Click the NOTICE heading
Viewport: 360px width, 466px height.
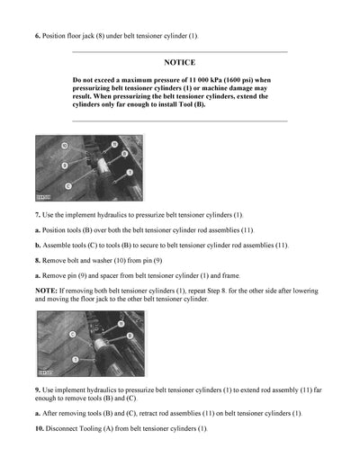point(180,64)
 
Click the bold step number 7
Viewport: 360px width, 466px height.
point(37,216)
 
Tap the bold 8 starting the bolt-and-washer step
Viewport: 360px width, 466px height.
point(37,259)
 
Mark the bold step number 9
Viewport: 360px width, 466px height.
point(37,386)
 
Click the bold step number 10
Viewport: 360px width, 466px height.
point(39,428)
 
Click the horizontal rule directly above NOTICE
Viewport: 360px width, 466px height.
point(180,51)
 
